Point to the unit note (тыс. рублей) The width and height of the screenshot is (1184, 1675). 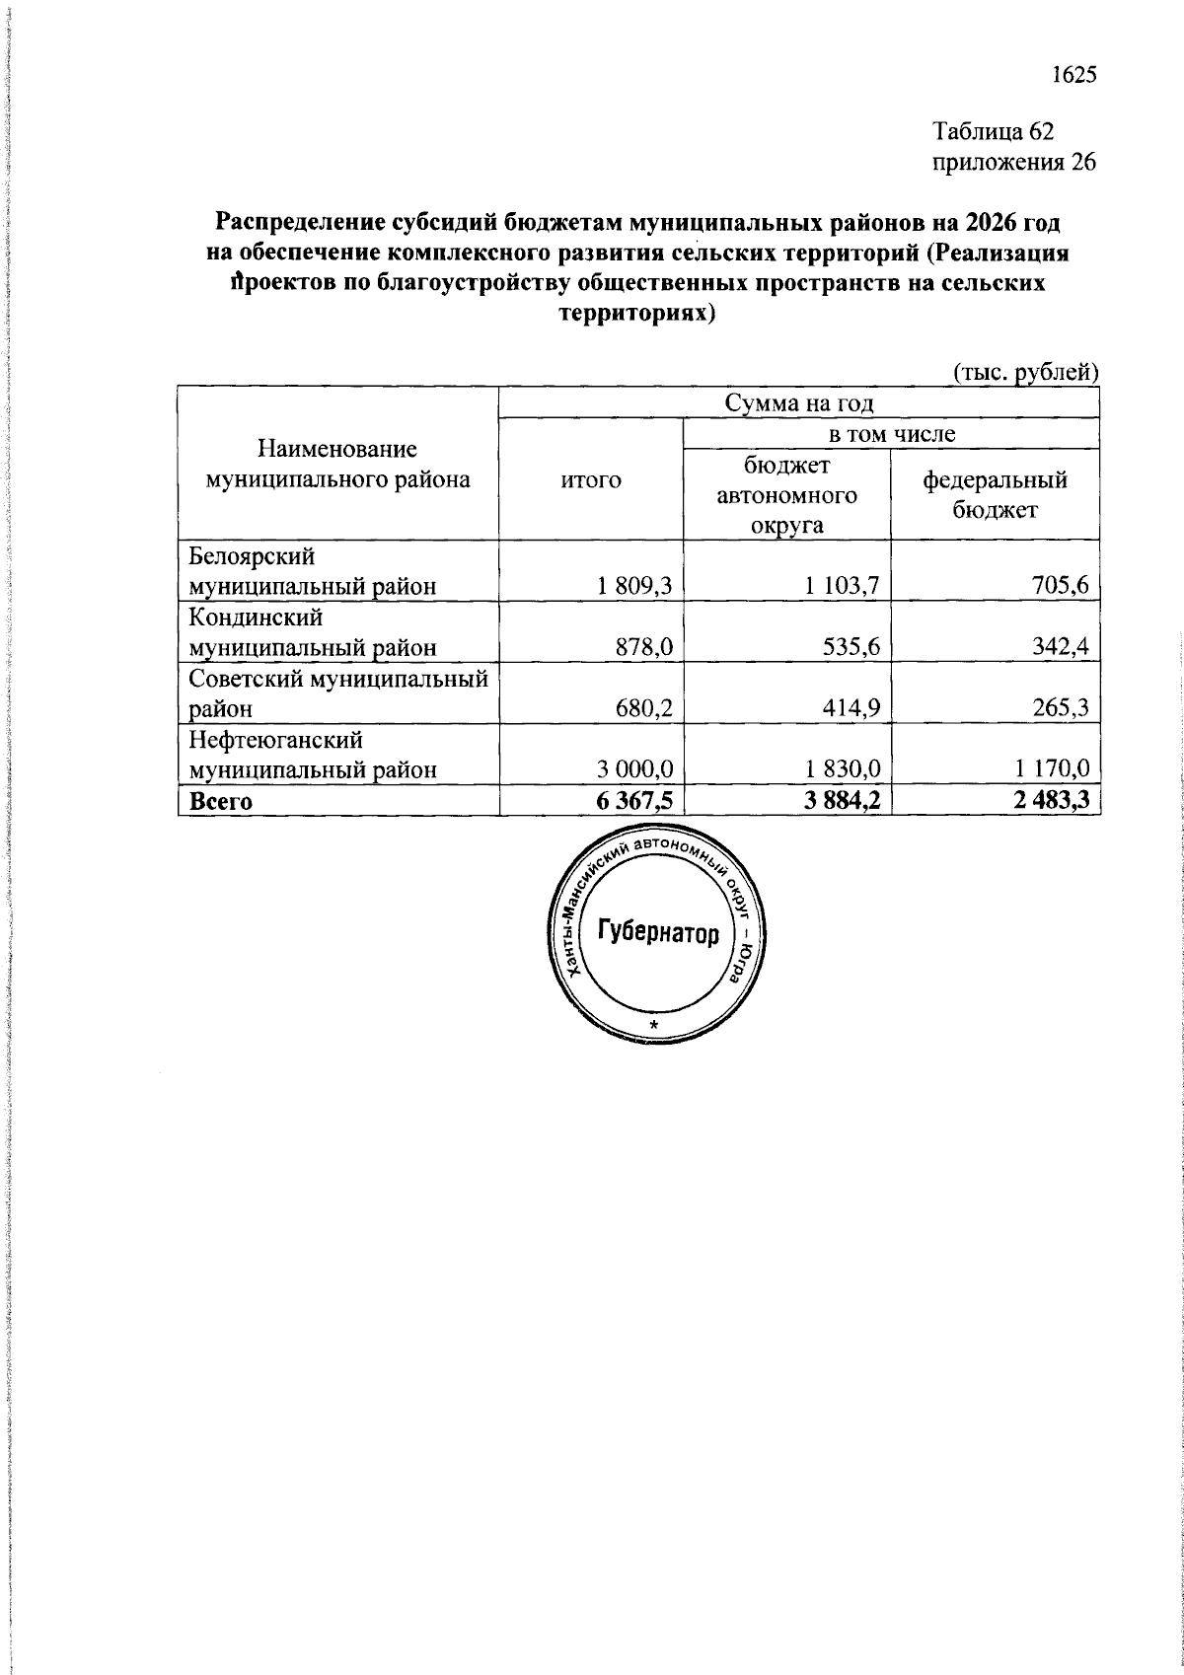click(x=1025, y=373)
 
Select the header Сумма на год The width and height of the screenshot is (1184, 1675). click(x=799, y=402)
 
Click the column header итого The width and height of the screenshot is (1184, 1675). click(x=591, y=480)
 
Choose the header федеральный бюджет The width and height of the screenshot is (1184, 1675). click(x=995, y=494)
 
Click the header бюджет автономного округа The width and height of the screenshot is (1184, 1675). click(x=786, y=495)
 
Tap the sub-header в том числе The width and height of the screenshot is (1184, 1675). click(x=891, y=433)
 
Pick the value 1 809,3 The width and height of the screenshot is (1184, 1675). click(x=633, y=586)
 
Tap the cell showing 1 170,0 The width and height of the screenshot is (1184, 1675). click(x=1049, y=769)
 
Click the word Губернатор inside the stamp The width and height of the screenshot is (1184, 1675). click(x=658, y=932)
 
